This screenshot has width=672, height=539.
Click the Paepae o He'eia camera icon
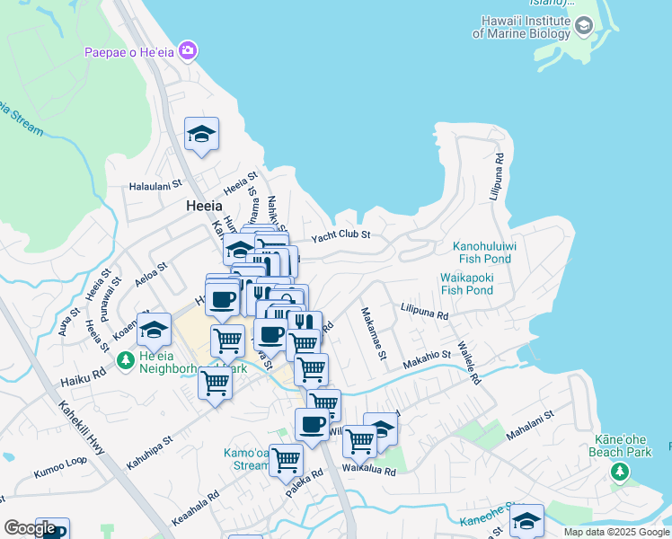188,51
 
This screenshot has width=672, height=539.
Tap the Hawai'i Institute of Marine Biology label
522,27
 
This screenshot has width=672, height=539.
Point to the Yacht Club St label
340,238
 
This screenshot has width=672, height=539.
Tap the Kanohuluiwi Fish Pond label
482,252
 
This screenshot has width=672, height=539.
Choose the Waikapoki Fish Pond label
466,284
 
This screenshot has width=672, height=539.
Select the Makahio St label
426,357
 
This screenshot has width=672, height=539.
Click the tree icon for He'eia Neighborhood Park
126,361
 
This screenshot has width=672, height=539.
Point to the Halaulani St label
157,186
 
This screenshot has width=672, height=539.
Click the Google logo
30,528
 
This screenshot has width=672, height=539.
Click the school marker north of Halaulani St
201,135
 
